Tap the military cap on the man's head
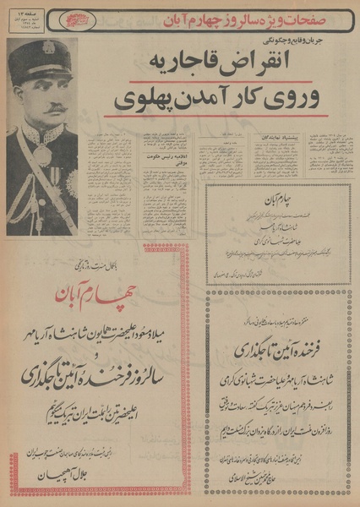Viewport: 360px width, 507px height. click(41, 57)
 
